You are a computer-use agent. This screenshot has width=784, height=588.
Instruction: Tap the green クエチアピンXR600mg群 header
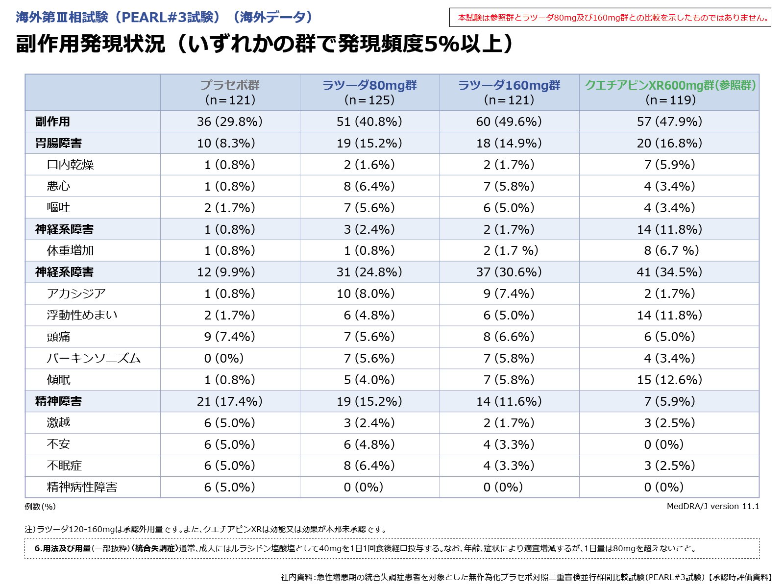point(670,85)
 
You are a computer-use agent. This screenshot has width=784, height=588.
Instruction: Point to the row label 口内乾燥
point(70,165)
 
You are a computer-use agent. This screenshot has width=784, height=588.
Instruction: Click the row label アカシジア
point(76,294)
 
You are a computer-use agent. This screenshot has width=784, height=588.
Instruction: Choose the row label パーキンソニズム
point(94,358)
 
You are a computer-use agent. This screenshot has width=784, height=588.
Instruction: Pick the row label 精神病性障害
point(82,487)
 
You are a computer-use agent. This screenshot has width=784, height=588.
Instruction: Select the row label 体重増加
point(70,250)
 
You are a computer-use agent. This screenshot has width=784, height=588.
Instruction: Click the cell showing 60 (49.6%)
point(509,122)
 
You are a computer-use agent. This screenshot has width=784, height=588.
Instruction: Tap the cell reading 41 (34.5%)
point(669,272)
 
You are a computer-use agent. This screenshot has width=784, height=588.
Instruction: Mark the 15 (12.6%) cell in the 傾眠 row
point(669,380)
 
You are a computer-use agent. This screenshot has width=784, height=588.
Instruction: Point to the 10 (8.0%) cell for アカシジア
point(369,294)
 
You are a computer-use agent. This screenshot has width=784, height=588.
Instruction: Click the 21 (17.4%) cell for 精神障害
point(229,401)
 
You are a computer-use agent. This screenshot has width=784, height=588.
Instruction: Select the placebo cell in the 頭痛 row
point(229,337)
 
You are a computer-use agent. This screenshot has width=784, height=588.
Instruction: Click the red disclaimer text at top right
point(613,18)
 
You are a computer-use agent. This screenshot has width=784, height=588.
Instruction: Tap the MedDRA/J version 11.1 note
point(712,506)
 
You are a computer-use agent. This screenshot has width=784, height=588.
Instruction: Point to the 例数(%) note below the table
point(40,506)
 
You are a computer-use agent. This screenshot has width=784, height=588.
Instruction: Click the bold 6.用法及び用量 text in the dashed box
point(62,548)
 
